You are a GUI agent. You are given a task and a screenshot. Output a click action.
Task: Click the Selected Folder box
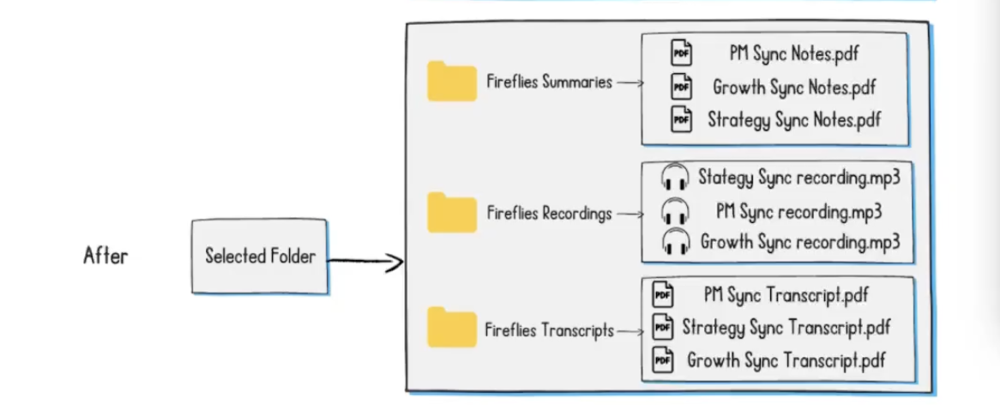point(259,257)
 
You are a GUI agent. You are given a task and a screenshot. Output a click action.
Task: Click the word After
point(105,256)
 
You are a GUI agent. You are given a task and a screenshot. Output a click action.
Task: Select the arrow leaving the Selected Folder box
point(365,261)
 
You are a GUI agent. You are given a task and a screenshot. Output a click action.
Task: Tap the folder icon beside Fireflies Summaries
point(452,82)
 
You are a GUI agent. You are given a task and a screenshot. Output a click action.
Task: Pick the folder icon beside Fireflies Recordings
point(452,212)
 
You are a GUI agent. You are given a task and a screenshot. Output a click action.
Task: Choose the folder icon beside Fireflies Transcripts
point(452,328)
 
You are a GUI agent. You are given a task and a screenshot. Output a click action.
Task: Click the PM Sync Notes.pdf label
point(794,54)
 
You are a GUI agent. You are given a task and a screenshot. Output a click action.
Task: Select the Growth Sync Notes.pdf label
point(794,87)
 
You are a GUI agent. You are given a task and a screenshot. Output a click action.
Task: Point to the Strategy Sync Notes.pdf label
point(794,120)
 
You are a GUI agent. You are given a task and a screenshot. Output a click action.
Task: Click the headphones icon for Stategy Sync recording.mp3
point(675,178)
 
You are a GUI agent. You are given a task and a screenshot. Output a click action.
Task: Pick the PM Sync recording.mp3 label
point(798,210)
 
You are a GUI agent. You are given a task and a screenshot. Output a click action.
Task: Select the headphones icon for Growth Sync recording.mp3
point(675,242)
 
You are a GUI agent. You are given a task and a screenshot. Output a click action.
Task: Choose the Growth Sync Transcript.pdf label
point(786,360)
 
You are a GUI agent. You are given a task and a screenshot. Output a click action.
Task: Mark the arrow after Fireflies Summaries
point(630,83)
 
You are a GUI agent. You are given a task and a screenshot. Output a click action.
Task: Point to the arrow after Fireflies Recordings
point(630,214)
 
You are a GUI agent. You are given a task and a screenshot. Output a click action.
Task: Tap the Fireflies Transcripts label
point(549,329)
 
